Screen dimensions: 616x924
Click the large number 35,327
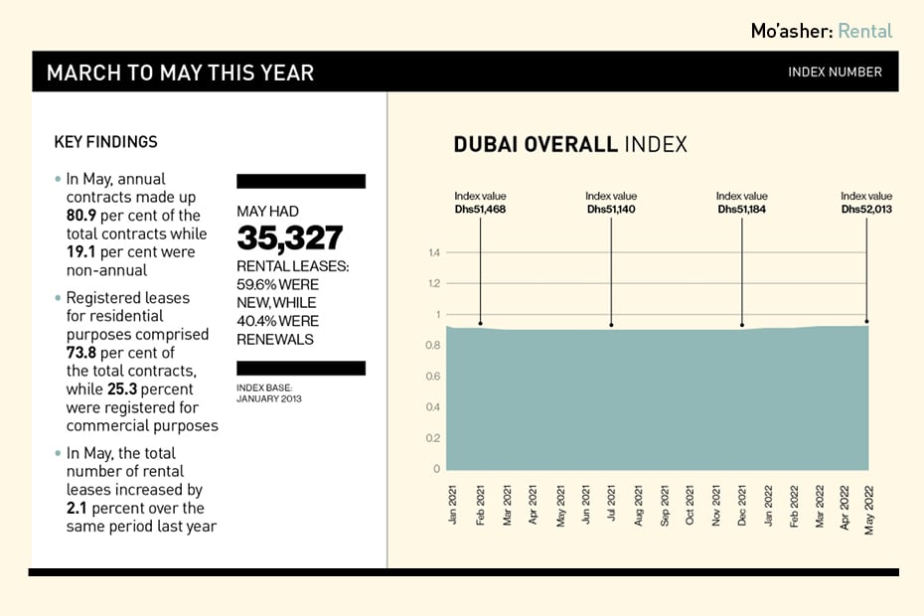pyautogui.click(x=289, y=238)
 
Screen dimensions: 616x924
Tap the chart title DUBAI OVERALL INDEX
pyautogui.click(x=570, y=145)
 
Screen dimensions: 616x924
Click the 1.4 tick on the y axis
pyautogui.click(x=433, y=253)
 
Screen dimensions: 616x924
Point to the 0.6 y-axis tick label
pyautogui.click(x=433, y=377)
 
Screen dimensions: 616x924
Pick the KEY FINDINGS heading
pyautogui.click(x=105, y=142)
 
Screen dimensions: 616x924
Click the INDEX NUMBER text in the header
pyautogui.click(x=835, y=73)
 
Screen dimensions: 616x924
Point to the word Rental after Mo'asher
pyautogui.click(x=864, y=31)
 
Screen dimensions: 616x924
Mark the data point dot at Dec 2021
pyautogui.click(x=742, y=325)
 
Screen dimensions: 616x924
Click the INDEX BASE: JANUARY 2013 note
pyautogui.click(x=268, y=392)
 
